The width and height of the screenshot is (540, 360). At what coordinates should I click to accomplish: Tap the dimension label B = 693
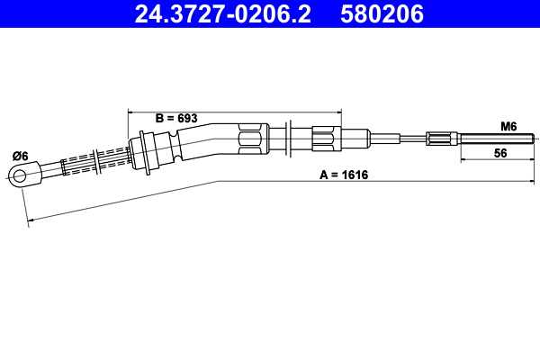coord(176,118)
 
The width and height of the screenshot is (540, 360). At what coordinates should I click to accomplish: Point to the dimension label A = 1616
coord(345,177)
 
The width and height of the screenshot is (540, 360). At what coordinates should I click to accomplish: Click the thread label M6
coord(508,127)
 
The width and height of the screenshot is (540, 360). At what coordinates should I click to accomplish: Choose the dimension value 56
coord(500,153)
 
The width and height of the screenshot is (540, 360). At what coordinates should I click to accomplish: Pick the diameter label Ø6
coord(20,156)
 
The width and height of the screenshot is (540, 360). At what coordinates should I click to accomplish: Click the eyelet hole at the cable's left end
coord(18,175)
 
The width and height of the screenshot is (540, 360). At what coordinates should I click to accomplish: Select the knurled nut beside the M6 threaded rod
coord(438,139)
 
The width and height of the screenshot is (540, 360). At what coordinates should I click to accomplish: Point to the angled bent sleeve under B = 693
coord(207,139)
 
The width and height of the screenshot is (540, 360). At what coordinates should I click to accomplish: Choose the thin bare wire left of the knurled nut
coord(396,139)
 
